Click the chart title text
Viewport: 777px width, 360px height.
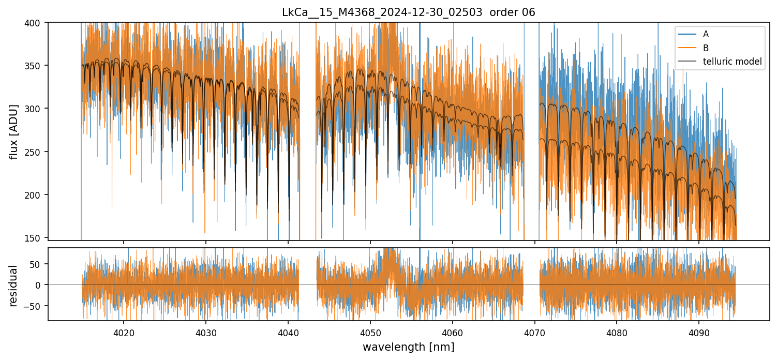pos(408,12)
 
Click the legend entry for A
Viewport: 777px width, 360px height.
pos(706,34)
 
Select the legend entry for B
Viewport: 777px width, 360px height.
pos(706,48)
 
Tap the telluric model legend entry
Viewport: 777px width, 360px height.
pos(732,62)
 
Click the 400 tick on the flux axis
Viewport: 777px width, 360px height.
pos(36,23)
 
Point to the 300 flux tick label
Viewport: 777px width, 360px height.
pos(36,109)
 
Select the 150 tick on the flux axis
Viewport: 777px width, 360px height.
pos(36,238)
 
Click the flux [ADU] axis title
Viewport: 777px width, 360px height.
pos(14,131)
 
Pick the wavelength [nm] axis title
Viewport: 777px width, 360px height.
pos(408,347)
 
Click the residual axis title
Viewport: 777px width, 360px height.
pos(14,285)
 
